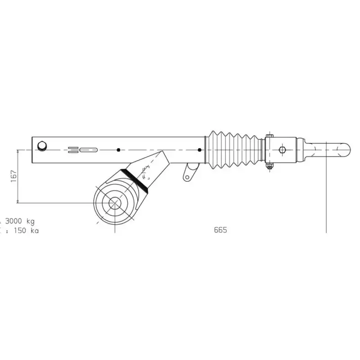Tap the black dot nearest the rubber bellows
pos(199,150)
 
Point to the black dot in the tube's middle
pos(118,150)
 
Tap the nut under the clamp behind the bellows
pos(269,167)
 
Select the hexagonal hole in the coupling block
pos(282,149)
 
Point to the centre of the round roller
pos(114,203)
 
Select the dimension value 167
pos(13,176)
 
